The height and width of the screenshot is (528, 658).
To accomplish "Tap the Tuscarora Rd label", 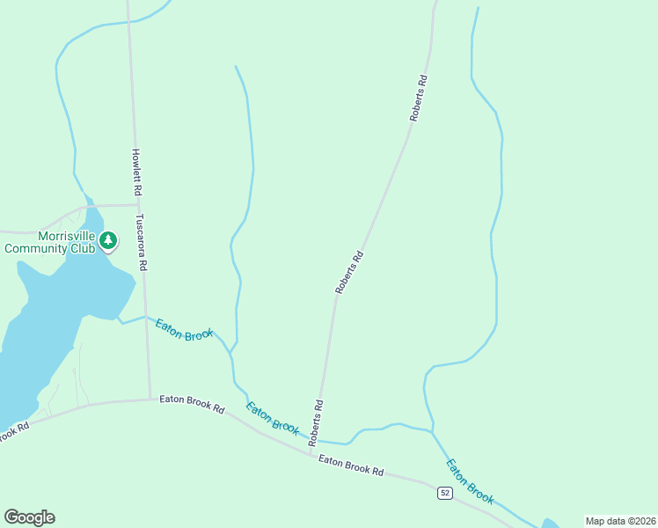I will pyautogui.click(x=141, y=241).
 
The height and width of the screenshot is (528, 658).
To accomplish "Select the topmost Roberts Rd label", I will pyautogui.click(x=418, y=98).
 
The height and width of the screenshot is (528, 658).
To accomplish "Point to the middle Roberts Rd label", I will pyautogui.click(x=349, y=272).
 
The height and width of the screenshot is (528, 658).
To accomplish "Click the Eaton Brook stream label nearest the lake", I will pyautogui.click(x=185, y=331).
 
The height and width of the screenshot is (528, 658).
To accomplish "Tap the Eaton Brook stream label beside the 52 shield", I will pyautogui.click(x=471, y=480).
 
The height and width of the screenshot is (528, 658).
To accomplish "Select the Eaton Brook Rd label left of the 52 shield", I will pyautogui.click(x=351, y=466).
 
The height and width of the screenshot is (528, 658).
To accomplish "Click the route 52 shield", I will pyautogui.click(x=445, y=494).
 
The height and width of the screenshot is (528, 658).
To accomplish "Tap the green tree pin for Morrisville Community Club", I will pyautogui.click(x=108, y=240).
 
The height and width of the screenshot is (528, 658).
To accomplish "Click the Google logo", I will pyautogui.click(x=29, y=517).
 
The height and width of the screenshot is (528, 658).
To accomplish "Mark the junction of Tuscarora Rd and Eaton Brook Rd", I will pyautogui.click(x=150, y=399).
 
